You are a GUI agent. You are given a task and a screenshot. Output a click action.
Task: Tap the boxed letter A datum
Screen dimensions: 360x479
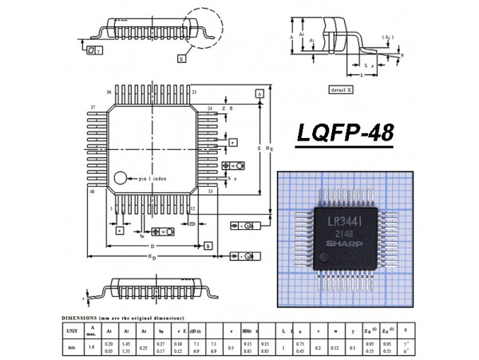(x=260, y=94)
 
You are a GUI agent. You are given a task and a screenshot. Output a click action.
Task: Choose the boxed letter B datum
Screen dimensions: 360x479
(x=208, y=247)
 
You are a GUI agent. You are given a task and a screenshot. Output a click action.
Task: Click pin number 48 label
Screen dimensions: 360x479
(x=93, y=192)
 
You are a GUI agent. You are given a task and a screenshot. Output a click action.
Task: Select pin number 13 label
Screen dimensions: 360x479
(x=209, y=192)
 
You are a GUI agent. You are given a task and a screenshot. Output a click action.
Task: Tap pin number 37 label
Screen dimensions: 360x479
(x=93, y=107)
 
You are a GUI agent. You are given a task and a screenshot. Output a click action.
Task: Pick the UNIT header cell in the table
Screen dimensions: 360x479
(x=71, y=330)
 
